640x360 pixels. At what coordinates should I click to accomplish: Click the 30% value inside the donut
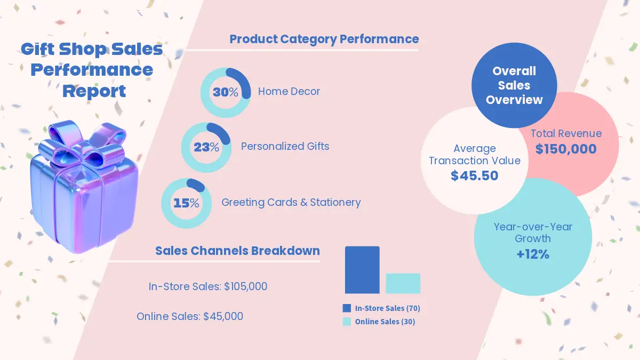(x=226, y=92)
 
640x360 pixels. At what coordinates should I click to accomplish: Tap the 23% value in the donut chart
(x=206, y=147)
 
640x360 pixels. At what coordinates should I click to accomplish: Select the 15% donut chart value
(x=186, y=203)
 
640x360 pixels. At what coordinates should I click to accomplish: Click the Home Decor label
(x=289, y=92)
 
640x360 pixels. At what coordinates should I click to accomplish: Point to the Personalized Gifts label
(x=285, y=146)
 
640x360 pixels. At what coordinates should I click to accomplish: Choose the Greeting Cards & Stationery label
(x=291, y=203)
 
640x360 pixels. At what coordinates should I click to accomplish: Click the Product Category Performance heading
(x=324, y=39)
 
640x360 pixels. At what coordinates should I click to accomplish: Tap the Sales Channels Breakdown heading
(x=237, y=251)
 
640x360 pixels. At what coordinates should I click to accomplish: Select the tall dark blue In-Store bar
(x=362, y=270)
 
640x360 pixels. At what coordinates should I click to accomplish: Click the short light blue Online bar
(x=403, y=283)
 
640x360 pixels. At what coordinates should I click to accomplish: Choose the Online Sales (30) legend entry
(x=379, y=322)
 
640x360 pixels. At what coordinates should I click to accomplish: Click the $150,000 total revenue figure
(x=566, y=149)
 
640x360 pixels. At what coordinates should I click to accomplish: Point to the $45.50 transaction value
(x=474, y=175)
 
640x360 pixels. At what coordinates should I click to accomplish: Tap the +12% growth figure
(x=533, y=254)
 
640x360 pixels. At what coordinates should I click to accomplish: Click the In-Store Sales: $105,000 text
(x=207, y=287)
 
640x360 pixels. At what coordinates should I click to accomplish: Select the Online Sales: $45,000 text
(x=190, y=316)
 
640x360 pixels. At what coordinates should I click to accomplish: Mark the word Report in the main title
(x=94, y=91)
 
